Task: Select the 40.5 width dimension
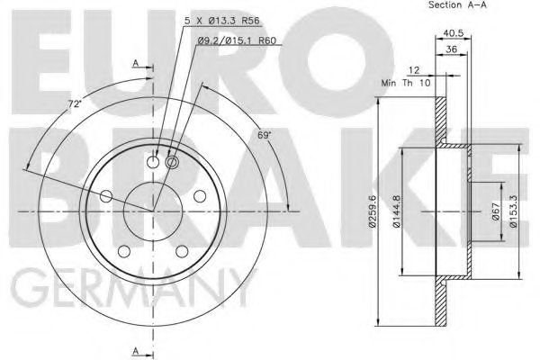pyautogui.click(x=452, y=36)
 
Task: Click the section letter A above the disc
pyautogui.click(x=135, y=63)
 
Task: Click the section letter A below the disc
pyautogui.click(x=135, y=350)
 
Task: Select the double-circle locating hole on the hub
pyautogui.click(x=173, y=161)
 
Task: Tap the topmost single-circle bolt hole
pyautogui.click(x=152, y=162)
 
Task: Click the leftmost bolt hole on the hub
pyautogui.click(x=106, y=195)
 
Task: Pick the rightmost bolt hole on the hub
pyautogui.click(x=199, y=195)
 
